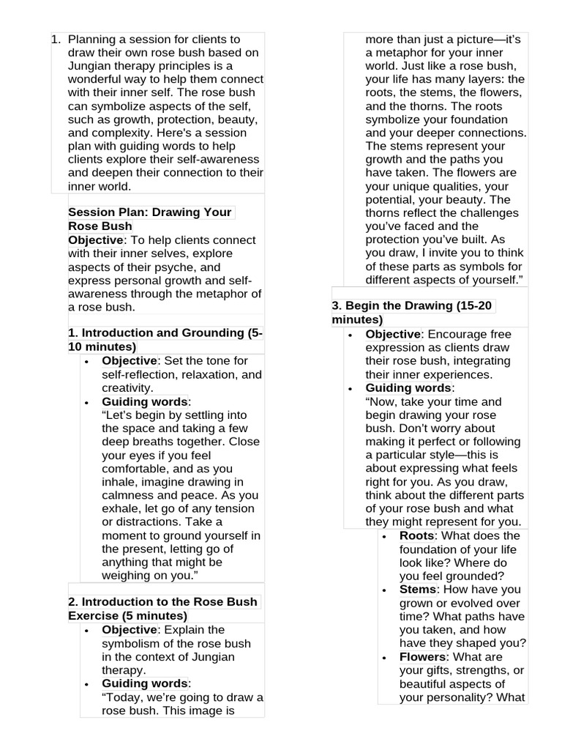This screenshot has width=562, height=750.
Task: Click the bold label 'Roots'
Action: tap(416, 536)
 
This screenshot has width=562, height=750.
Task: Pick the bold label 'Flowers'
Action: tap(422, 657)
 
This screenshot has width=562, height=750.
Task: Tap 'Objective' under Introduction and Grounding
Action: tap(129, 361)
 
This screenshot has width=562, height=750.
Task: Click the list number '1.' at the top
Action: tap(56, 39)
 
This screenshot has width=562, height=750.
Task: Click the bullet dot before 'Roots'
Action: tap(386, 537)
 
